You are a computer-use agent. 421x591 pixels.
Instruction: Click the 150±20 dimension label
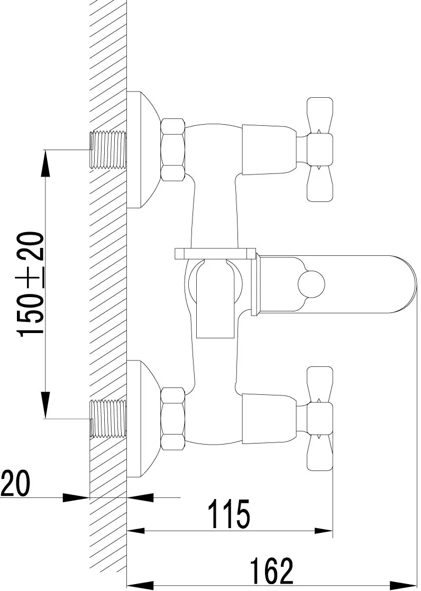pos(31,284)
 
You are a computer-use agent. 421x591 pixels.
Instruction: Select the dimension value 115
pos(230,514)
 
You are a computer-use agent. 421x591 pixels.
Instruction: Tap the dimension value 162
pos(272,570)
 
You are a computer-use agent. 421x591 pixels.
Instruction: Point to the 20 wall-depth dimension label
pos(15,483)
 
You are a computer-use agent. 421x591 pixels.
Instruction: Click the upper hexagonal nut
pos(173,149)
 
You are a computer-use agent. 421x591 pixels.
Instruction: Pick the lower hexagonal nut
pos(173,418)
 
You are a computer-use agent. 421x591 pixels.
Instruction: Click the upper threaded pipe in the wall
pos(108,150)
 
